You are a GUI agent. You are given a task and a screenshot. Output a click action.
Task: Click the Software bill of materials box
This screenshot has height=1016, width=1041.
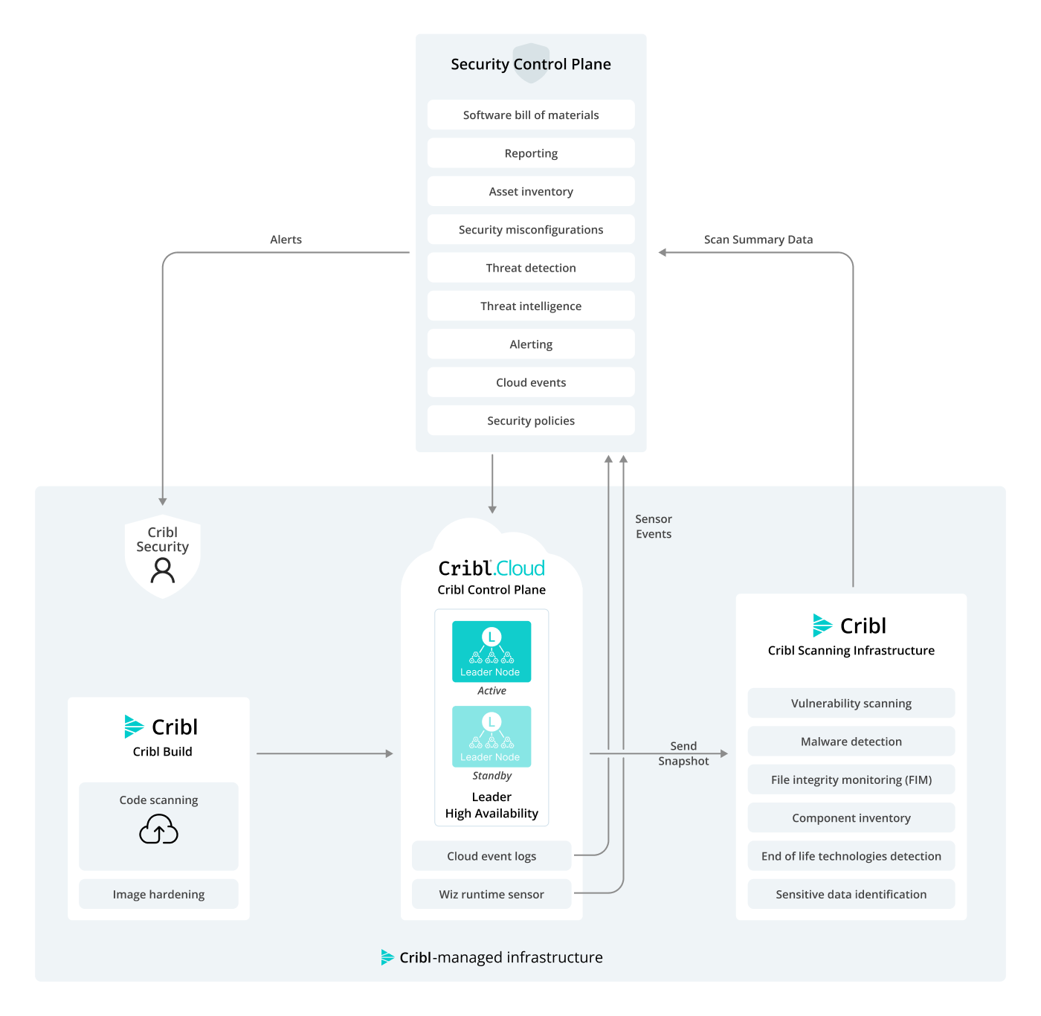pos(531,115)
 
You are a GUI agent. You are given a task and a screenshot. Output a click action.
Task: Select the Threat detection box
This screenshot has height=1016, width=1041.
pos(531,268)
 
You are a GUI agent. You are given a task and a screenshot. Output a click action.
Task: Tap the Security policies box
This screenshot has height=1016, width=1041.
pos(531,420)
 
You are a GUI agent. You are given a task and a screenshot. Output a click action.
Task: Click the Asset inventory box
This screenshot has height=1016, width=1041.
pos(531,191)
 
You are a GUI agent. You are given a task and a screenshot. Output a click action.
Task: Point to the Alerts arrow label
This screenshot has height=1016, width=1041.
pos(286,239)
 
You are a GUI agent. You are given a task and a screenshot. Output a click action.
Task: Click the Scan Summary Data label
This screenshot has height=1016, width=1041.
pos(758,239)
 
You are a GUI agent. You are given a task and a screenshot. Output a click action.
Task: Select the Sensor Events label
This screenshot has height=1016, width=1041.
pos(653,527)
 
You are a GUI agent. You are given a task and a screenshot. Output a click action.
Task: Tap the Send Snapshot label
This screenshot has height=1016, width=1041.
pos(683,753)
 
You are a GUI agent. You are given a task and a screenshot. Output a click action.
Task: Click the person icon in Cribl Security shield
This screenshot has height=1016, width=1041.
pos(162,570)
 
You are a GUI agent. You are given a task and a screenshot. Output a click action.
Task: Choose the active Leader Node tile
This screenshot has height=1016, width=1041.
pos(492,652)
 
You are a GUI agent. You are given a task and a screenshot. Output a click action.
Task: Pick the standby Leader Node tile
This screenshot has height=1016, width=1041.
pos(492,736)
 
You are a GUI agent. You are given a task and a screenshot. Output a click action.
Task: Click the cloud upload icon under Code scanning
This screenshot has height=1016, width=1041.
pos(158,829)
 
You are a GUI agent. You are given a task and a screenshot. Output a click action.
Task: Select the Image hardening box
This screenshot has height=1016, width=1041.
pos(158,894)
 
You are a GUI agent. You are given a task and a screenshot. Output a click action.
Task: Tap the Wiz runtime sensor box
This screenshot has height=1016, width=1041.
pos(492,894)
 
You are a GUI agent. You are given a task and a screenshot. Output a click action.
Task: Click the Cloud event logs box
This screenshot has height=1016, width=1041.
pos(492,856)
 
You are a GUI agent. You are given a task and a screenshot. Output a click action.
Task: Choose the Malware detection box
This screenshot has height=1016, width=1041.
pos(851,742)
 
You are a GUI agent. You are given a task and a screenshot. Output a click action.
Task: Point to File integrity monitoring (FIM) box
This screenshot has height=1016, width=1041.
pos(851,779)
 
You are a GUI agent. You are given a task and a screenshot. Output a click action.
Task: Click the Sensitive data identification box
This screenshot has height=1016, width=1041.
pos(851,894)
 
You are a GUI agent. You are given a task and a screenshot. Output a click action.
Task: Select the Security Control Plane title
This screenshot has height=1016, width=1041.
pos(531,64)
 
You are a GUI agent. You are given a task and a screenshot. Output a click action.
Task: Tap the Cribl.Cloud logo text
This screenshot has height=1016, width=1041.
pos(492,568)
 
